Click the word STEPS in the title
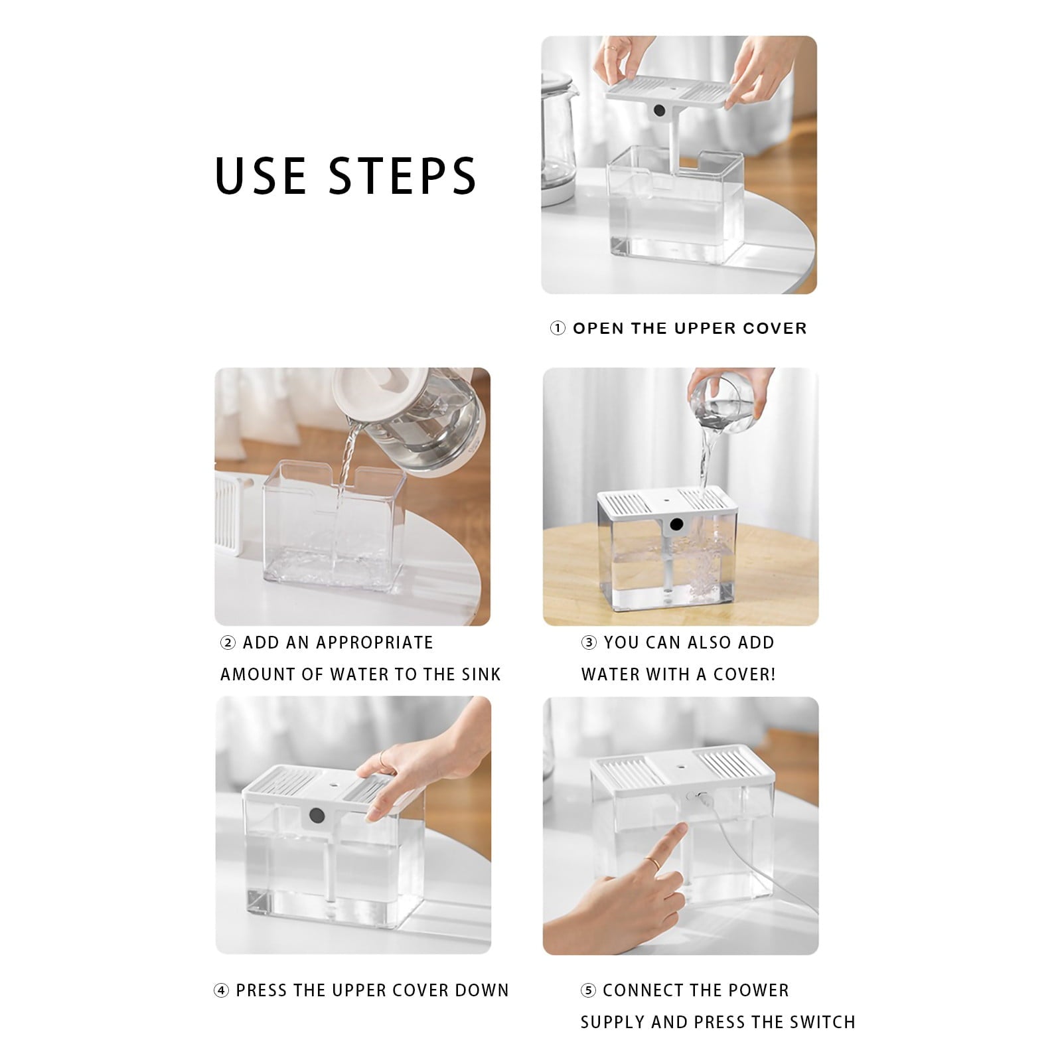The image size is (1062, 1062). (x=403, y=175)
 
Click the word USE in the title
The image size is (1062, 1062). (x=260, y=175)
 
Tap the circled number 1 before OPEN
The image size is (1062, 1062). (x=558, y=329)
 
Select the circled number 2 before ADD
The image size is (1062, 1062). (x=228, y=643)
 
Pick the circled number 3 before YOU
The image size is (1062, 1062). (x=589, y=643)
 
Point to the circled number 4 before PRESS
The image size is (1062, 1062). (x=221, y=991)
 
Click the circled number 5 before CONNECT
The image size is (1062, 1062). (x=588, y=991)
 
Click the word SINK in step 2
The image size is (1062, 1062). (x=481, y=675)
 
